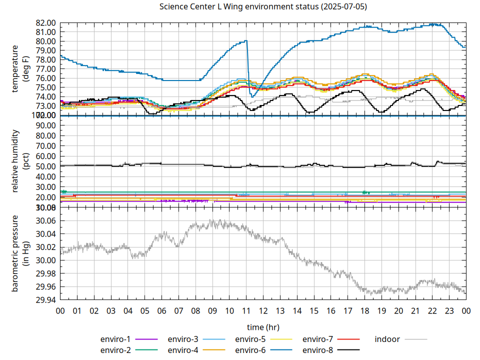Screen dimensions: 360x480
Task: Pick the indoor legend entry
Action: tap(387, 339)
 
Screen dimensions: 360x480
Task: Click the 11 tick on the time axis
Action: tap(246, 310)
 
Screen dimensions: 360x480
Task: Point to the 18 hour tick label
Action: tap(364, 310)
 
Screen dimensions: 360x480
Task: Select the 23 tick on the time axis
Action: tap(449, 310)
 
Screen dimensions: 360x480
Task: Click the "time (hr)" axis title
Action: tap(263, 327)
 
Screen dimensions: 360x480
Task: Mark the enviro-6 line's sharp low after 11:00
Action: tap(253, 96)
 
